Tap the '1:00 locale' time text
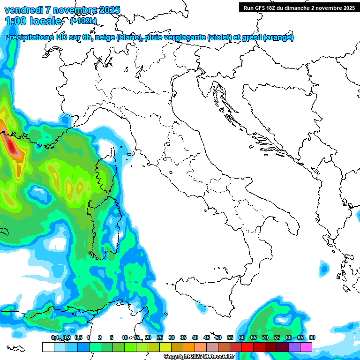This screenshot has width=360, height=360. click(x=33, y=21)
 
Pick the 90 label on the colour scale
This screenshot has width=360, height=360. click(x=312, y=337)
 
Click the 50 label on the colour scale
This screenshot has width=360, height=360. click(x=218, y=337)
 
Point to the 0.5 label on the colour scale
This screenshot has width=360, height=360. click(x=78, y=337)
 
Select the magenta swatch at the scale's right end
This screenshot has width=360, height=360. click(x=306, y=347)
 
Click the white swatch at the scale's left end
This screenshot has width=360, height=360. click(x=48, y=347)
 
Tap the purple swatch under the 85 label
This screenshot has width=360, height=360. click(x=294, y=347)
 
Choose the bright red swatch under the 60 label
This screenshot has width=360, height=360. click(x=247, y=347)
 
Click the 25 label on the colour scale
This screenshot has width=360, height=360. click(x=160, y=337)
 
